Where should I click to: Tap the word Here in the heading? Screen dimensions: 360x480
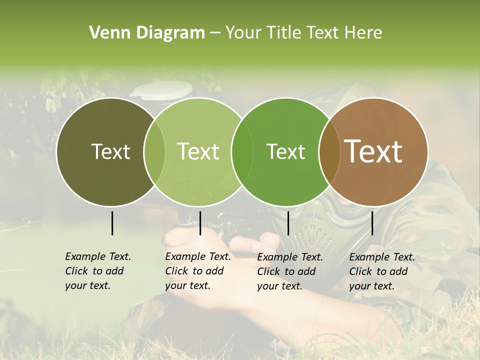click(x=364, y=33)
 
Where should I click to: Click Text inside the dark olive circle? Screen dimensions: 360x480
click(x=110, y=151)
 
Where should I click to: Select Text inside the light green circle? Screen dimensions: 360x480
click(x=198, y=151)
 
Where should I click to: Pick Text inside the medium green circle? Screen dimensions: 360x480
click(x=286, y=151)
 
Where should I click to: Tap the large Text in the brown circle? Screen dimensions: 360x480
click(x=373, y=151)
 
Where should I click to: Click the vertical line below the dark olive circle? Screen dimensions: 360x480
click(x=112, y=223)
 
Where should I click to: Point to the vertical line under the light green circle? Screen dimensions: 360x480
click(x=200, y=223)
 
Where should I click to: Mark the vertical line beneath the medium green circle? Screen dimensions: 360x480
click(x=288, y=223)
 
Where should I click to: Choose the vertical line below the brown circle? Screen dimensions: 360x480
click(x=372, y=223)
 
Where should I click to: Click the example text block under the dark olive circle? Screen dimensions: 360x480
click(x=97, y=271)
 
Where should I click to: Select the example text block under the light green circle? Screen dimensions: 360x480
click(x=197, y=271)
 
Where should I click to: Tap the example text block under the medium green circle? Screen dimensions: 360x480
click(x=289, y=271)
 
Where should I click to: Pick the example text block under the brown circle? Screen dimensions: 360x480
click(x=381, y=271)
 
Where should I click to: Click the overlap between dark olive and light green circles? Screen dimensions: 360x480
click(x=154, y=152)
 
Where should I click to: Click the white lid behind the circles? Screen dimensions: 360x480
click(x=161, y=89)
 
